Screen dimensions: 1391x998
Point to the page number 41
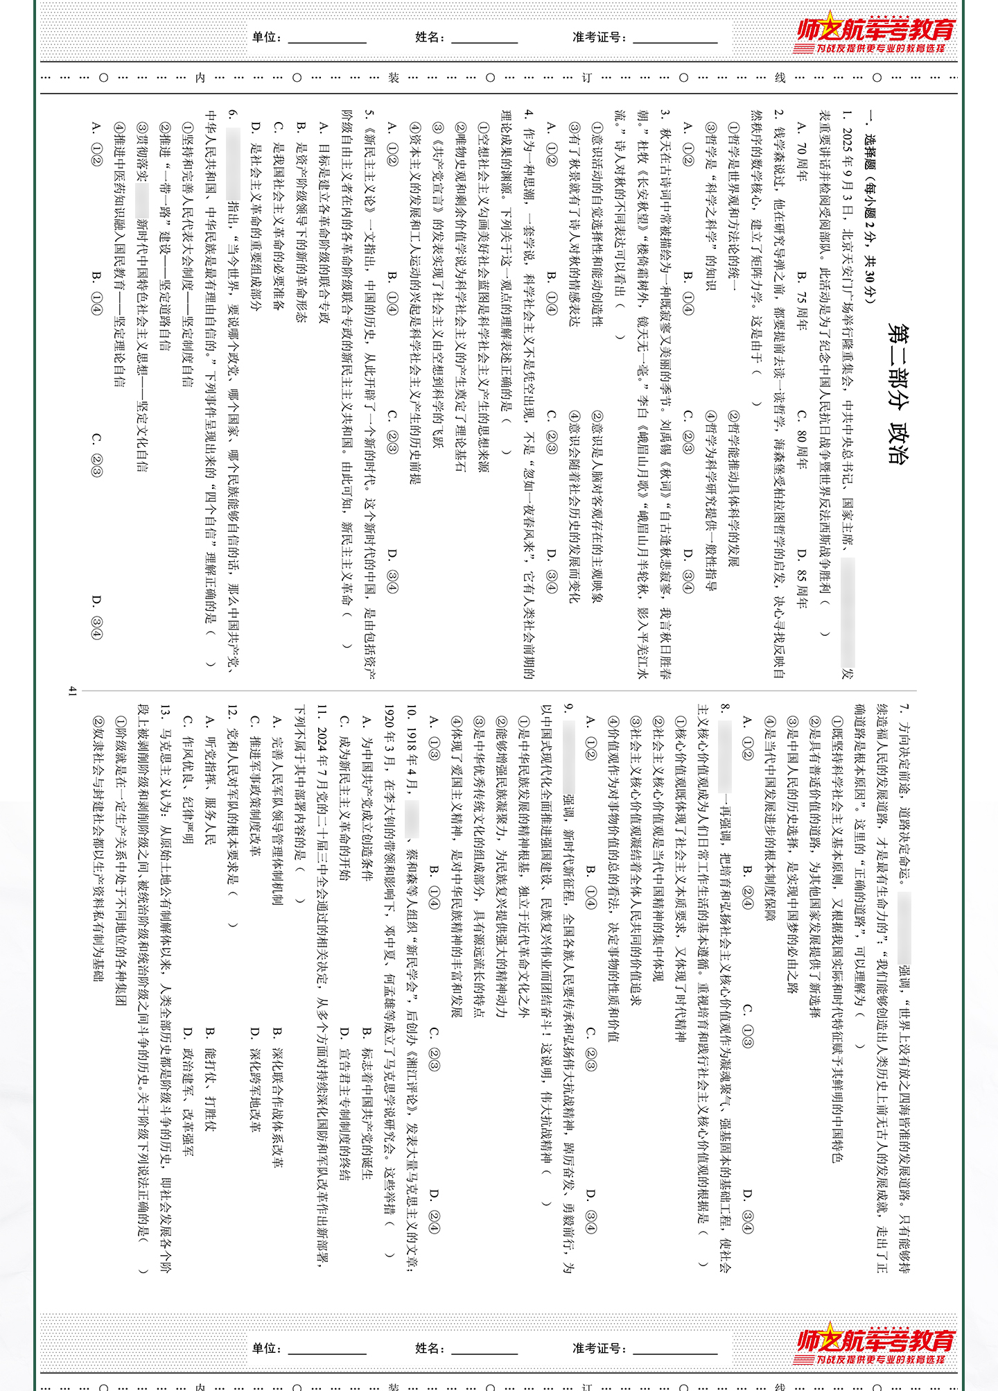point(73,691)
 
